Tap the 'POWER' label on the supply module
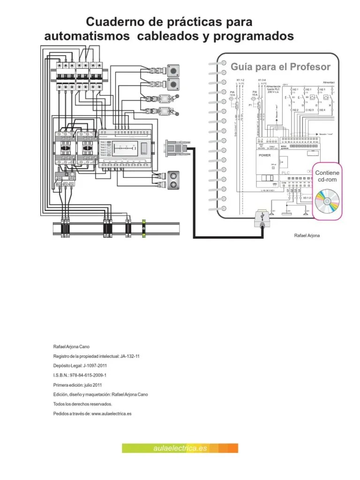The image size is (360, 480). point(265,155)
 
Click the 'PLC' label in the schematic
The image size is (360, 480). point(285,173)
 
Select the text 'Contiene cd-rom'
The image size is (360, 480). point(327,176)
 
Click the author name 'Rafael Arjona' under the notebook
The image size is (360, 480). point(307,235)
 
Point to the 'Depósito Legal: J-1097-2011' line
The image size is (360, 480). point(81,366)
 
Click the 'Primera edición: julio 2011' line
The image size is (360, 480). point(78,385)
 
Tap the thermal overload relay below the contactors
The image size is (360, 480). point(66,176)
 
